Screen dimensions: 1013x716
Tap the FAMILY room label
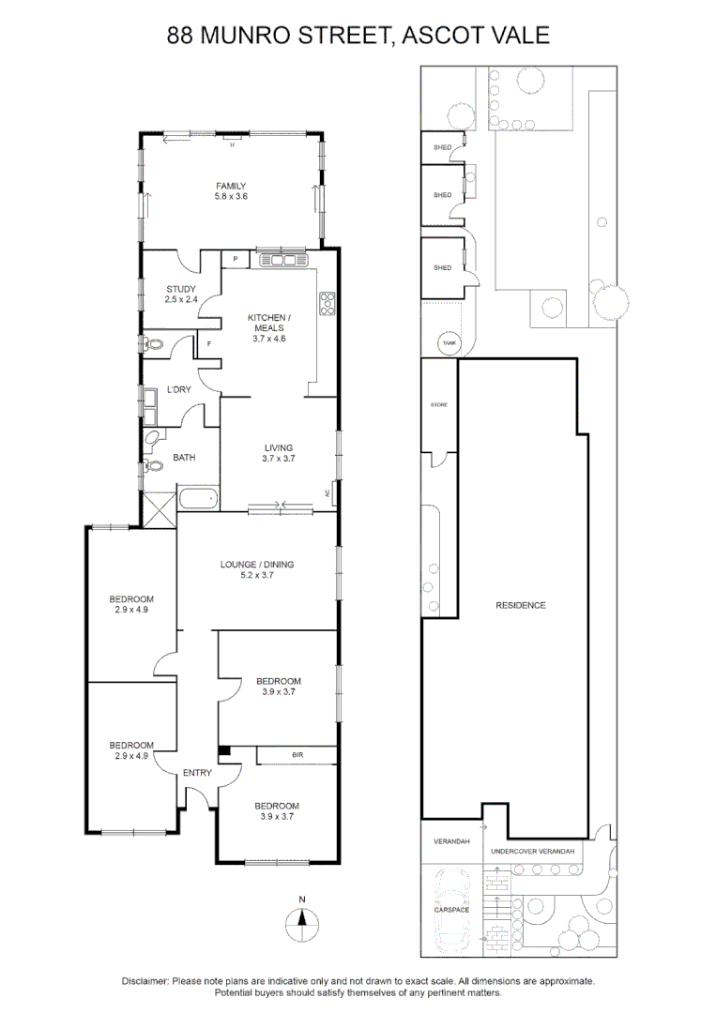(x=231, y=186)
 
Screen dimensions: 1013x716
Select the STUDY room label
(x=180, y=289)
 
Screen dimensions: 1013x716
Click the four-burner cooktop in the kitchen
(x=328, y=303)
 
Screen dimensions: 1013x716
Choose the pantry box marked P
(x=235, y=259)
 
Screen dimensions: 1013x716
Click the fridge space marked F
(x=208, y=344)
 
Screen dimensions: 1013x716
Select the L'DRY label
(x=179, y=388)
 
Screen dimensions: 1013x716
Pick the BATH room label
(x=184, y=458)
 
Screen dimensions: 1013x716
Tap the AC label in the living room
(x=327, y=492)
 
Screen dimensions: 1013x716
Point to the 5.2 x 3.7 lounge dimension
(x=257, y=575)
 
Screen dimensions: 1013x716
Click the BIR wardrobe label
(x=297, y=755)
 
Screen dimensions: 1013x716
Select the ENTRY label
(x=197, y=773)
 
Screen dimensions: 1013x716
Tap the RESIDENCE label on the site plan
(x=521, y=605)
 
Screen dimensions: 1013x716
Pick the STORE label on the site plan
(x=438, y=404)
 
